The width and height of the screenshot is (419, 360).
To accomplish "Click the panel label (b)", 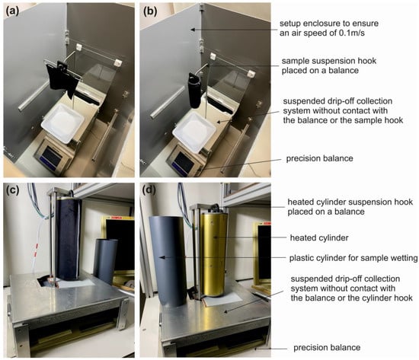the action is pyautogui.click(x=150, y=11).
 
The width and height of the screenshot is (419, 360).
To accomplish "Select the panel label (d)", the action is pyautogui.click(x=149, y=190).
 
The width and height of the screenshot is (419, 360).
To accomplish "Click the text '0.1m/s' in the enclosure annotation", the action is pyautogui.click(x=351, y=33).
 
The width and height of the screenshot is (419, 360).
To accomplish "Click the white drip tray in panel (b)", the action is pyautogui.click(x=194, y=132).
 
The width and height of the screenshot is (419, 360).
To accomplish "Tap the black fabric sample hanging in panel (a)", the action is pyautogui.click(x=62, y=80).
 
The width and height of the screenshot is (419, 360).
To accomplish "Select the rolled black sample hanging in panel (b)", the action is pyautogui.click(x=194, y=91).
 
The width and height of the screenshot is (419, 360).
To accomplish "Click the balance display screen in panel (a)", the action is pyautogui.click(x=52, y=157).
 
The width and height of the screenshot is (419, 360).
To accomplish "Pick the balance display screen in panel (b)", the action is pyautogui.click(x=184, y=163).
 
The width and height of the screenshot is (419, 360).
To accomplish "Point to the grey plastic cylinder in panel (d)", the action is pyautogui.click(x=168, y=262).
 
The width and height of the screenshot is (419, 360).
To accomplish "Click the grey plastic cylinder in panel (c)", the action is pyautogui.click(x=106, y=261).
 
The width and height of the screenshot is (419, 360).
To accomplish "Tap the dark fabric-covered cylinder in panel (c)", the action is pyautogui.click(x=69, y=239).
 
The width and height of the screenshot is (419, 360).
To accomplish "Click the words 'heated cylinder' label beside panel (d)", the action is pyautogui.click(x=319, y=237).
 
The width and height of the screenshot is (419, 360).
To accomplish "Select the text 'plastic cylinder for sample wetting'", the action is pyautogui.click(x=353, y=258).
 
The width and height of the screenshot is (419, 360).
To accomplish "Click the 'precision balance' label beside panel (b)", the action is pyautogui.click(x=319, y=158).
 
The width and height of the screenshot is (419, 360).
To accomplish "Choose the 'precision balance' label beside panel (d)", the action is pyautogui.click(x=327, y=348).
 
